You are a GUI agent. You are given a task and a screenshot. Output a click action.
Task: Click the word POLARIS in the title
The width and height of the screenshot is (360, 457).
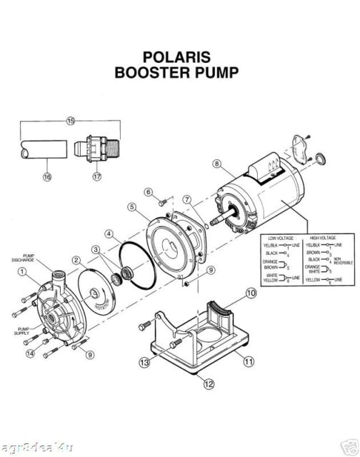tap(180, 57)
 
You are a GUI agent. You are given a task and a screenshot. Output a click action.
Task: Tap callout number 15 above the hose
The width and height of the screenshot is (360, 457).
tap(71, 121)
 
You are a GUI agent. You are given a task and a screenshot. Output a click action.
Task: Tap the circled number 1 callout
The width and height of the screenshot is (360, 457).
tap(23, 271)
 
